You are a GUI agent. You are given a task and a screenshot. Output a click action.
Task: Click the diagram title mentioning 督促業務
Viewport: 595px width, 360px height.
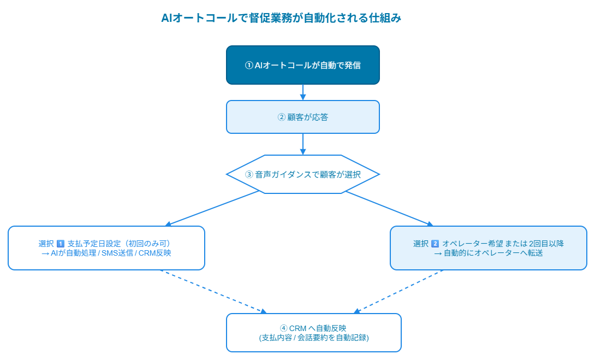click(281, 18)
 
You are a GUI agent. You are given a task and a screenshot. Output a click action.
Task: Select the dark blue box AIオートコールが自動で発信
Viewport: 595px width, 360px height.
click(302, 65)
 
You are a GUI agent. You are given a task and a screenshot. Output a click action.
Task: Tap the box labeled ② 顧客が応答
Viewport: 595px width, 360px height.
click(302, 117)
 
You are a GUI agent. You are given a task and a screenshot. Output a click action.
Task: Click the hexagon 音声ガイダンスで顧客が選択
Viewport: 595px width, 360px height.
click(302, 174)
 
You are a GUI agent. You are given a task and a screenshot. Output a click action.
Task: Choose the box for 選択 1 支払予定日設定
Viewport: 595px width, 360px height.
click(106, 248)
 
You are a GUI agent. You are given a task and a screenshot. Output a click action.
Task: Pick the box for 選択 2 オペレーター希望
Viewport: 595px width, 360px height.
click(488, 248)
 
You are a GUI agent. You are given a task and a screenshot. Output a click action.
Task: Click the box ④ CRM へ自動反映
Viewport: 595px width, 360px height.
click(314, 333)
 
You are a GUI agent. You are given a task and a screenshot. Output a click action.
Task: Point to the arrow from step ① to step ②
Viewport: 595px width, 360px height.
click(302, 92)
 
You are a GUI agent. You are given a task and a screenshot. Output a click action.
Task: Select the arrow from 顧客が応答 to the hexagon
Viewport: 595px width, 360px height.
click(302, 144)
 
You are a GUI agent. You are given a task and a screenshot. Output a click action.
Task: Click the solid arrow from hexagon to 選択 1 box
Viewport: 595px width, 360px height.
click(213, 208)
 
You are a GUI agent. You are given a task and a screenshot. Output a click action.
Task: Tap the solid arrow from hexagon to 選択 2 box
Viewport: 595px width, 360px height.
click(389, 208)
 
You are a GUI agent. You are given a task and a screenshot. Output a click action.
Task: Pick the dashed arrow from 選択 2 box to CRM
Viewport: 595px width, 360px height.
click(399, 292)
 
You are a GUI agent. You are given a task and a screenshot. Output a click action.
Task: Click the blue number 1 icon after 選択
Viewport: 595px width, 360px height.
click(61, 244)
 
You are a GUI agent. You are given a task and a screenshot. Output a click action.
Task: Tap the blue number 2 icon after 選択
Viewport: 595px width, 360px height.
click(435, 244)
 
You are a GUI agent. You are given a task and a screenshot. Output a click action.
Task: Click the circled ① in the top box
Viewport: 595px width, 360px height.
click(249, 66)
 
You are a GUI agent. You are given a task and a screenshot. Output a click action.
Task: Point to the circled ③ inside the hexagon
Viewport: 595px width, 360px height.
click(249, 175)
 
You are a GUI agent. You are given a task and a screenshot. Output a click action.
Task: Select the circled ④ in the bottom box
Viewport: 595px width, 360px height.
click(283, 328)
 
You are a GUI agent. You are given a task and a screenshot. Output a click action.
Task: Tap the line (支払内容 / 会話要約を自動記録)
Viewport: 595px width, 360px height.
click(314, 338)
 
